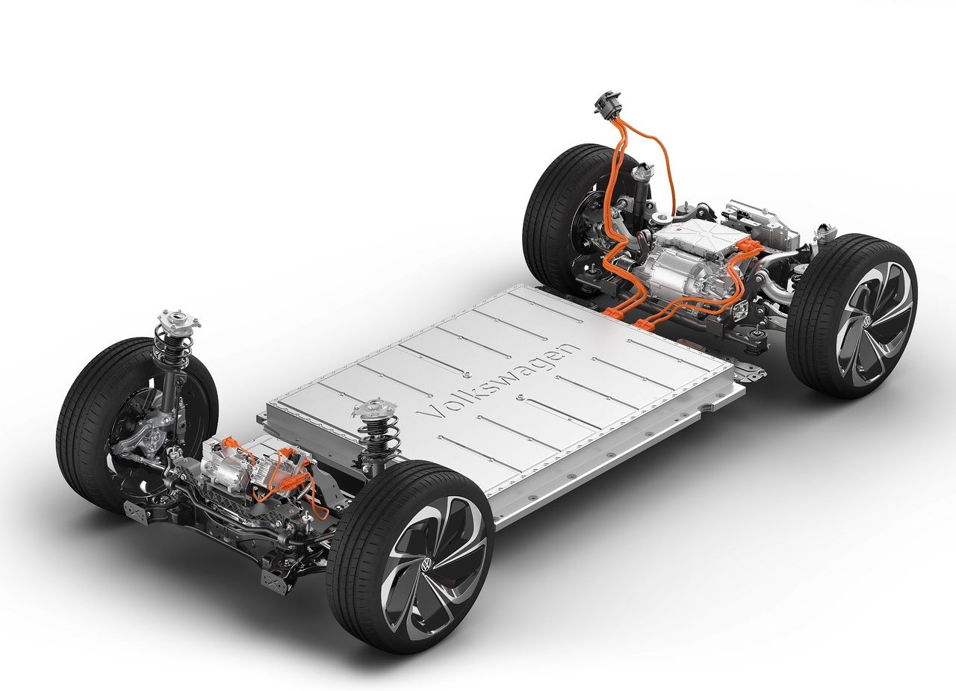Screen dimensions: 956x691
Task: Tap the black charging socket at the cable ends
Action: click(x=608, y=103)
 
